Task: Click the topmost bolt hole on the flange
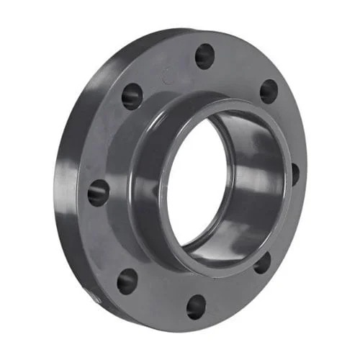[205, 55]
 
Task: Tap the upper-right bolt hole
[269, 91]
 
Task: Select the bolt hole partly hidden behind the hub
[294, 174]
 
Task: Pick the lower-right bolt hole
[262, 262]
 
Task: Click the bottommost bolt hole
[196, 306]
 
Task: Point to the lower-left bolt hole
[127, 280]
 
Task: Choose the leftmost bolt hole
[99, 192]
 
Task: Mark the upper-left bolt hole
[132, 96]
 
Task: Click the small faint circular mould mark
[168, 74]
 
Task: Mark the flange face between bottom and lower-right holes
[234, 292]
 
